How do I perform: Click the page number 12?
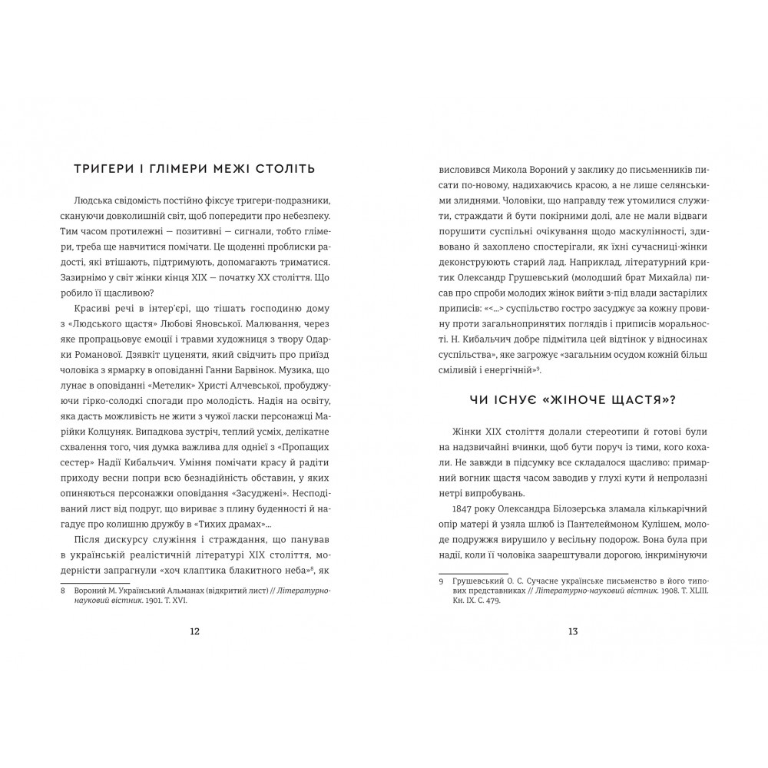click(x=194, y=631)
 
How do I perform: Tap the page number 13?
click(x=572, y=631)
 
